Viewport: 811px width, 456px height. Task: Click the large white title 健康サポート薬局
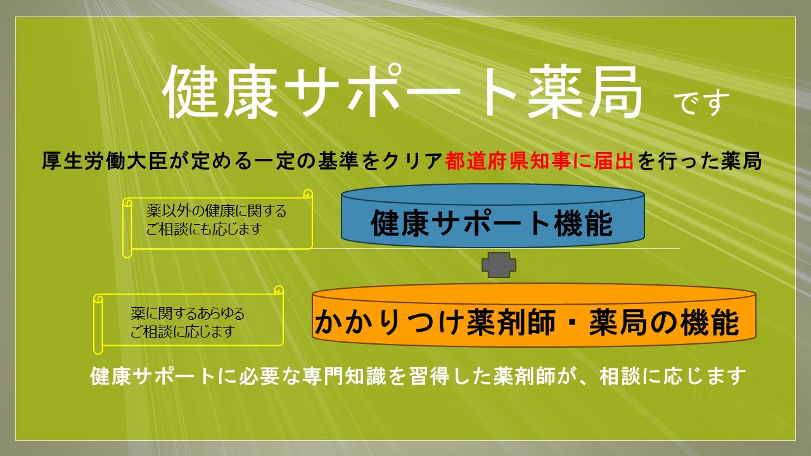(402, 92)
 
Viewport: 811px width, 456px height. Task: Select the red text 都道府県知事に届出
(539, 161)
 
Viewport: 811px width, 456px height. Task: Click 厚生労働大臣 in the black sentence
(105, 161)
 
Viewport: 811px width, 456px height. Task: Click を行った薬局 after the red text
(699, 161)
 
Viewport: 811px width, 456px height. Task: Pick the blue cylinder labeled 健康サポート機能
(493, 216)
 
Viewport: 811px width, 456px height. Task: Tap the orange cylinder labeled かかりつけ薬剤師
(533, 315)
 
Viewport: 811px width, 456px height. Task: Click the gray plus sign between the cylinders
(499, 265)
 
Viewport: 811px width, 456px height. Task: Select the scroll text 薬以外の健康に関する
(216, 211)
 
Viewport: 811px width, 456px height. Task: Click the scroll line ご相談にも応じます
(204, 229)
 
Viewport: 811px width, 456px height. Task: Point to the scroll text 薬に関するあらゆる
(188, 313)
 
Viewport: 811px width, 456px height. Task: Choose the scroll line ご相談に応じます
(182, 331)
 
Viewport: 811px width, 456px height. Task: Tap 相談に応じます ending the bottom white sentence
(673, 376)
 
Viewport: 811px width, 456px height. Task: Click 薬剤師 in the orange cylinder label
(511, 322)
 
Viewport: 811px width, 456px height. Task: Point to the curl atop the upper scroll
(308, 194)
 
